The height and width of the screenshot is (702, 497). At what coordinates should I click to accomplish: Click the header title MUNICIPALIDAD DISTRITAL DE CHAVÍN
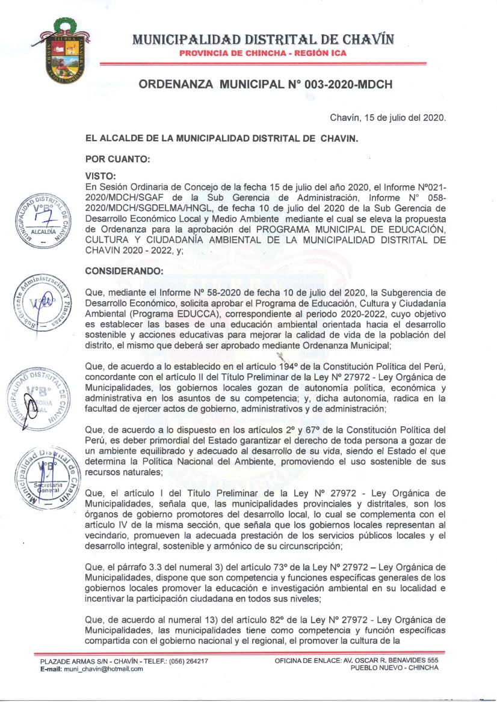tap(264, 40)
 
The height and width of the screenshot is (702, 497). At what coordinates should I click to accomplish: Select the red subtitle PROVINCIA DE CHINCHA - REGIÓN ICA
tap(263, 53)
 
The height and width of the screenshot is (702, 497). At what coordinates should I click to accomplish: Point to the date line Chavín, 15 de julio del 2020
tap(388, 118)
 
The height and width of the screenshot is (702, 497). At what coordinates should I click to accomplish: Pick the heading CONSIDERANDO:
tap(125, 271)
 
